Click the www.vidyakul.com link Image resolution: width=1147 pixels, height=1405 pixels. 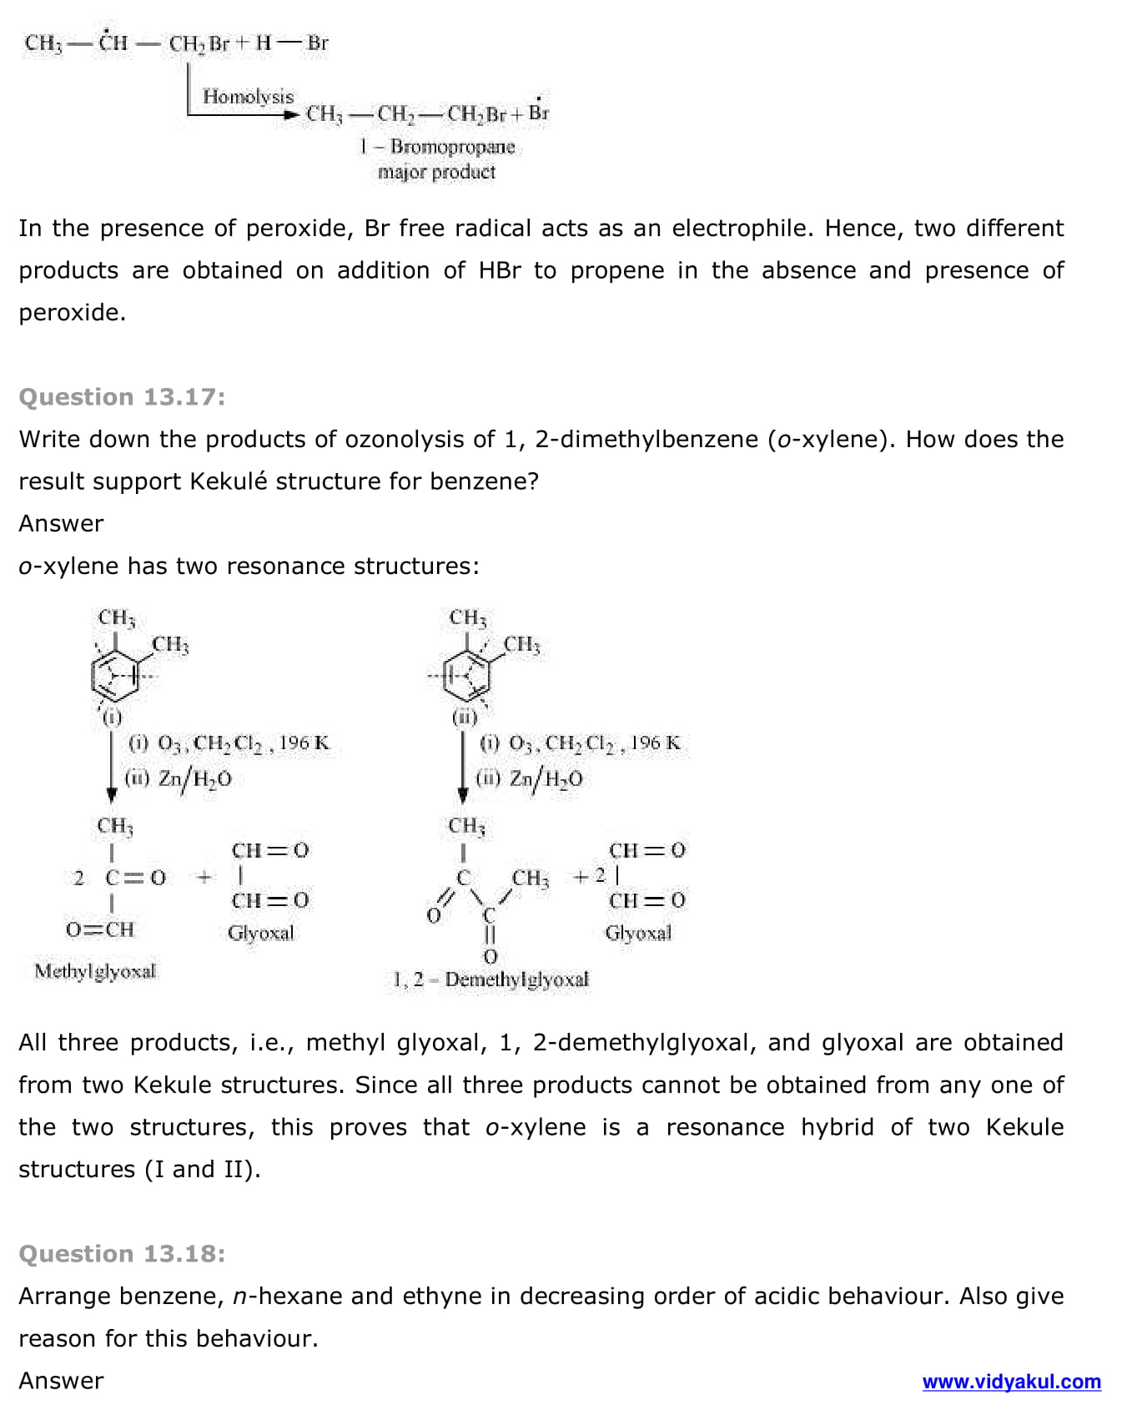tap(1011, 1382)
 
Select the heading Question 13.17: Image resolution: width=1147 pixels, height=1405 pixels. tap(122, 397)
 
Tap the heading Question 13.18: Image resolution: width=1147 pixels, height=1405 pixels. tap(122, 1254)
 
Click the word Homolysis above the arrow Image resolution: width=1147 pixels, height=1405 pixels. tap(248, 97)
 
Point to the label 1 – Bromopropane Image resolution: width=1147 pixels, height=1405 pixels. tap(437, 147)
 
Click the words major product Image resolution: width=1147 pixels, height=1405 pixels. tap(436, 172)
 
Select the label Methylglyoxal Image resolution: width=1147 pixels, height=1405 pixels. tap(95, 971)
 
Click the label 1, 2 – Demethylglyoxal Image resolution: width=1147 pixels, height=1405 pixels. tap(490, 979)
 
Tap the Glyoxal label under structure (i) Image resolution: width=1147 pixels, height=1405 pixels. tap(261, 933)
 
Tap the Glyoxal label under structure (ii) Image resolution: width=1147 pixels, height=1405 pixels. tap(638, 933)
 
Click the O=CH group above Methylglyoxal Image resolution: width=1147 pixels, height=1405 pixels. tap(100, 929)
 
